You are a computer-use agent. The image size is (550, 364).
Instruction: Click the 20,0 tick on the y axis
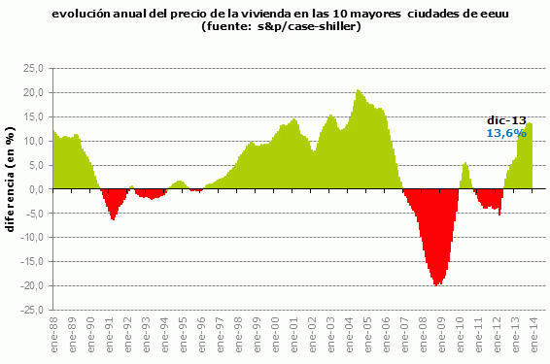[34, 92]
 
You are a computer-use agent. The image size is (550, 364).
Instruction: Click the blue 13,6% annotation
[505, 132]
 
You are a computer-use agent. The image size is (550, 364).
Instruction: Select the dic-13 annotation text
[505, 119]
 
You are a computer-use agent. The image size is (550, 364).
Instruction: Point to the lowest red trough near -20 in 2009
[438, 283]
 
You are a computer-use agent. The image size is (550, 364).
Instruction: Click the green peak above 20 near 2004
[359, 91]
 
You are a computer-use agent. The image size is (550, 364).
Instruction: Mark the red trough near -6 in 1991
[114, 218]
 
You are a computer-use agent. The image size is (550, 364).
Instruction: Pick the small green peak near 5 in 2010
[465, 164]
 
